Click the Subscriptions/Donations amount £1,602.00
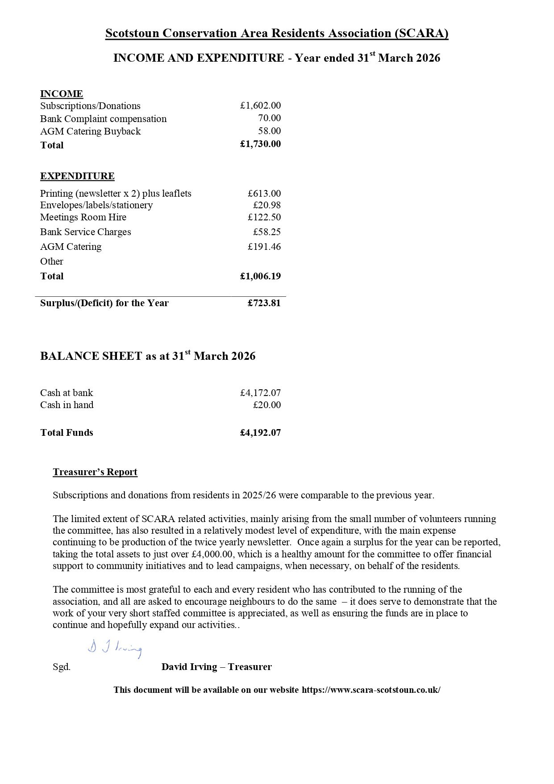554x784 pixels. pyautogui.click(x=260, y=105)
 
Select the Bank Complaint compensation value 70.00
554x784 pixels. pyautogui.click(x=269, y=118)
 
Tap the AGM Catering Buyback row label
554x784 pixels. pyautogui.click(x=90, y=131)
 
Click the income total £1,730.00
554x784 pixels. pyautogui.click(x=260, y=144)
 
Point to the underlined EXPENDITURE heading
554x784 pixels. pyautogui.click(x=77, y=176)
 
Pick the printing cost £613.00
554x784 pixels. pyautogui.click(x=264, y=194)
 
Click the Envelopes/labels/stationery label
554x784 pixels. pyautogui.click(x=96, y=205)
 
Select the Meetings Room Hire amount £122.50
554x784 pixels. pyautogui.click(x=264, y=217)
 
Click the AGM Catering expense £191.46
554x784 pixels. pyautogui.click(x=264, y=247)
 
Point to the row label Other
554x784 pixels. pyautogui.click(x=52, y=261)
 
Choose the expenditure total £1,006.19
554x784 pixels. pyautogui.click(x=260, y=276)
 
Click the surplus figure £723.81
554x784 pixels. pyautogui.click(x=264, y=303)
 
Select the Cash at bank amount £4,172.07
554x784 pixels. pyautogui.click(x=260, y=393)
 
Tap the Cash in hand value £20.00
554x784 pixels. pyautogui.click(x=267, y=405)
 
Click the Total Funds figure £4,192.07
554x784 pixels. pyautogui.click(x=260, y=433)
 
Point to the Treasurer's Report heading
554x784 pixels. pyautogui.click(x=95, y=472)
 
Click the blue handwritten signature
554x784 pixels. pyautogui.click(x=115, y=649)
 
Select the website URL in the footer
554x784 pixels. pyautogui.click(x=371, y=690)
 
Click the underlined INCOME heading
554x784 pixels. pyautogui.click(x=62, y=94)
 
